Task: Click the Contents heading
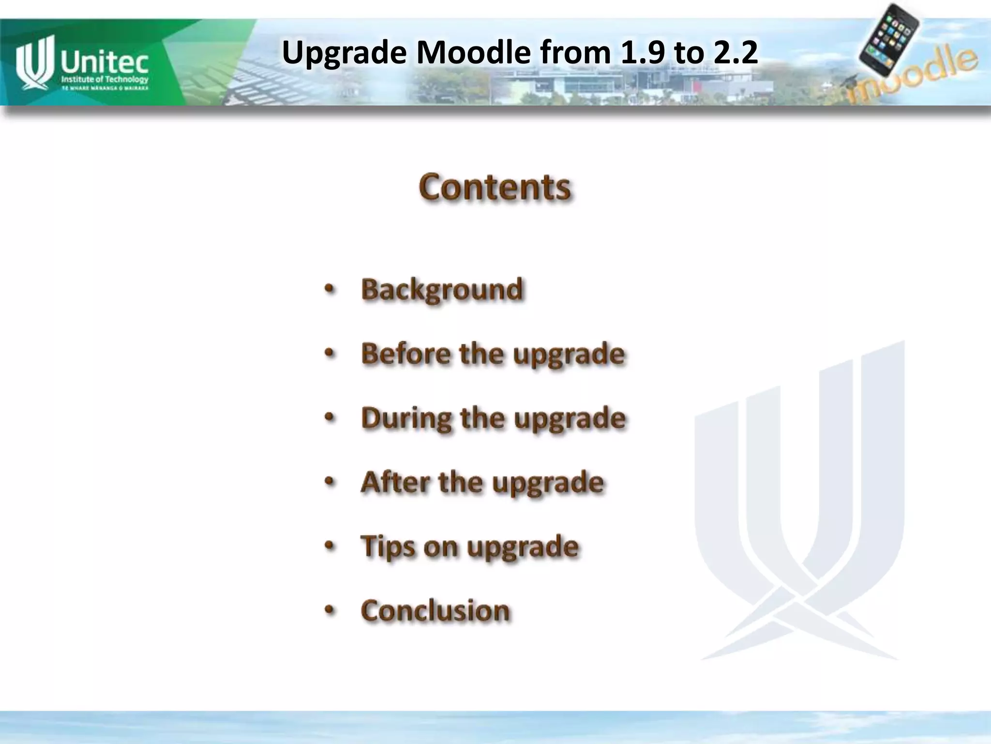(x=495, y=187)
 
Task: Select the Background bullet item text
(x=442, y=290)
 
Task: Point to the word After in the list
(x=394, y=482)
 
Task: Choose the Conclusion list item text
(x=435, y=610)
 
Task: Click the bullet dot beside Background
(x=330, y=290)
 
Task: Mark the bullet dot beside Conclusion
(x=330, y=611)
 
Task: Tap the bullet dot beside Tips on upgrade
(x=330, y=547)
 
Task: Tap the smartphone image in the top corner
(x=889, y=39)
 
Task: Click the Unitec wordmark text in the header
(x=104, y=63)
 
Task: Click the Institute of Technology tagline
(x=105, y=79)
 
